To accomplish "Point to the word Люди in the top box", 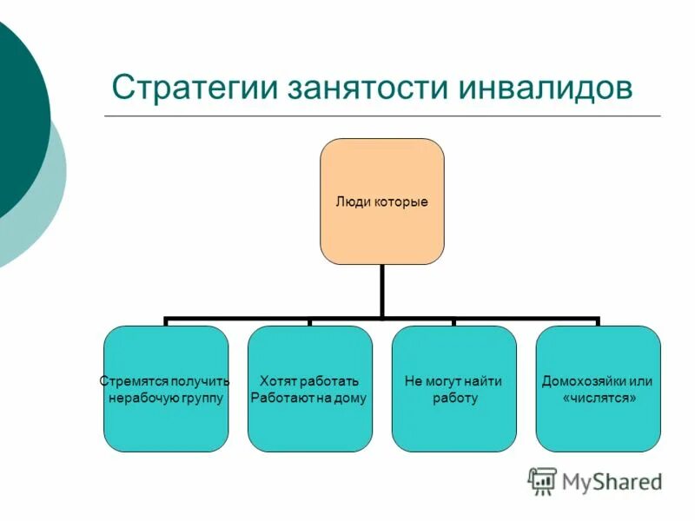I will (350, 202).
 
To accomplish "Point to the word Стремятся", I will (129, 381).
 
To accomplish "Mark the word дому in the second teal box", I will (351, 399).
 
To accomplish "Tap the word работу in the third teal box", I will (454, 399).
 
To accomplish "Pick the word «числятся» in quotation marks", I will (598, 399).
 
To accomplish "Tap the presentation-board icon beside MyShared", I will (542, 480).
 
